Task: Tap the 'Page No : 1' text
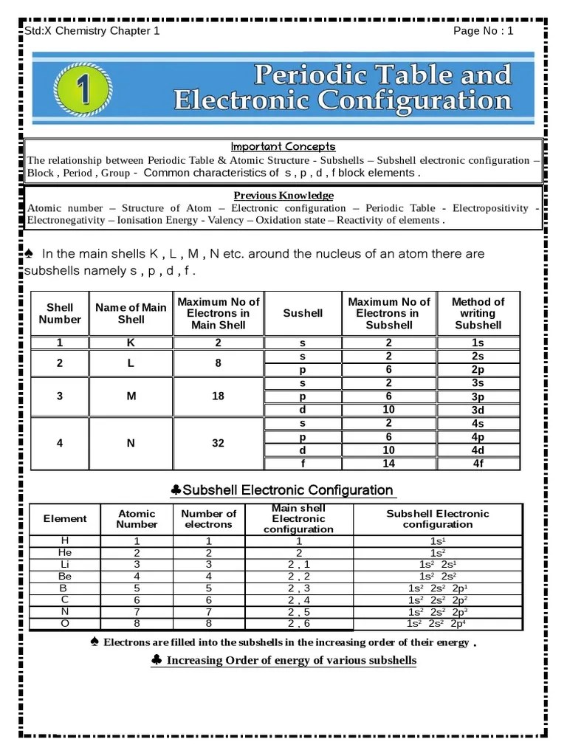(483, 30)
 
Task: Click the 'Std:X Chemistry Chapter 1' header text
(92, 30)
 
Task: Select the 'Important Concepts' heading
(283, 146)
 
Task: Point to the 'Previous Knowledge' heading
(283, 196)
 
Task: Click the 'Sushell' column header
(303, 313)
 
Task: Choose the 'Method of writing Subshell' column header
(478, 313)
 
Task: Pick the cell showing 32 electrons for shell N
(218, 443)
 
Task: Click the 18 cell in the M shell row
(218, 396)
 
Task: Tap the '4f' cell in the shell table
(478, 464)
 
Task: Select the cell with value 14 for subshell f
(388, 464)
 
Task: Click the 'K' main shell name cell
(131, 343)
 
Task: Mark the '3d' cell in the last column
(478, 410)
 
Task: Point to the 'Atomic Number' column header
(137, 519)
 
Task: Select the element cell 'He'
(65, 552)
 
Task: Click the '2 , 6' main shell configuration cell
(298, 623)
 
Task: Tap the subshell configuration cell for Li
(437, 564)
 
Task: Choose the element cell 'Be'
(65, 576)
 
